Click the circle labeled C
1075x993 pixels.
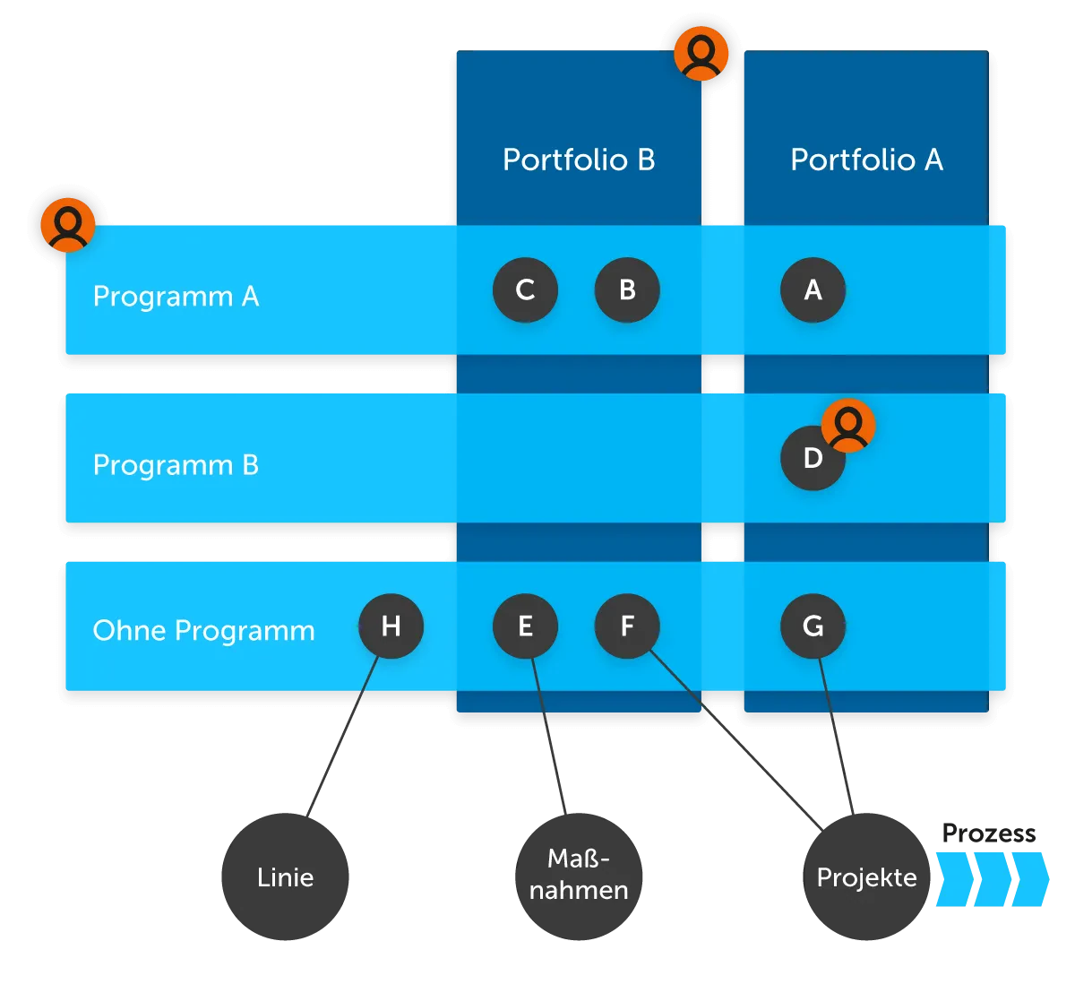point(526,290)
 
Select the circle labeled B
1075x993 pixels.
point(627,290)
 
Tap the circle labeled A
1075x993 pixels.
point(813,290)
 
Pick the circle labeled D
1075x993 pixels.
point(811,459)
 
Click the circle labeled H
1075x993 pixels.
point(391,626)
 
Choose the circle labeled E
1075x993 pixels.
point(526,626)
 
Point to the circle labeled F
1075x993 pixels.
point(627,626)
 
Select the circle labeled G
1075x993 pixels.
point(813,626)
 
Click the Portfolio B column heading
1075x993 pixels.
point(579,160)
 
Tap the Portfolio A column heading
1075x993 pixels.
point(866,160)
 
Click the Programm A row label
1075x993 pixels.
point(176,296)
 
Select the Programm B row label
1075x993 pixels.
point(176,465)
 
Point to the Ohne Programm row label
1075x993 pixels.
point(203,631)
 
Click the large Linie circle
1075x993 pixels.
point(285,877)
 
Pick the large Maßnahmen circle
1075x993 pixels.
point(579,876)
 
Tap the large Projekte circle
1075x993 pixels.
point(866,877)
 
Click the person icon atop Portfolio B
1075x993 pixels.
point(701,53)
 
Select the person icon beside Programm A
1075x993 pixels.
point(68,224)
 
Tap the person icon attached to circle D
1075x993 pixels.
point(848,426)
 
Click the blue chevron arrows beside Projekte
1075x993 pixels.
point(991,877)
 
